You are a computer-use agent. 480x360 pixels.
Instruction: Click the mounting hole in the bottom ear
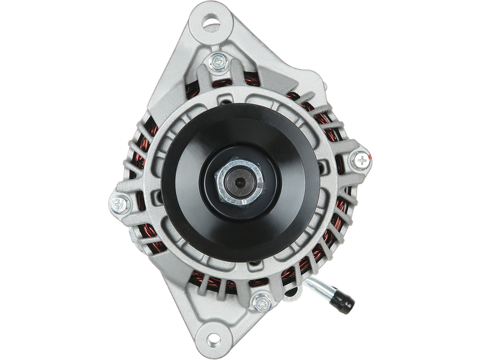[x=211, y=331]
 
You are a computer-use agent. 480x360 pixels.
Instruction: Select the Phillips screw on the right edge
[x=361, y=160]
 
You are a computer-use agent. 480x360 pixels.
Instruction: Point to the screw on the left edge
[x=119, y=204]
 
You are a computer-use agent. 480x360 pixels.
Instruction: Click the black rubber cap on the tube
[x=347, y=303]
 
